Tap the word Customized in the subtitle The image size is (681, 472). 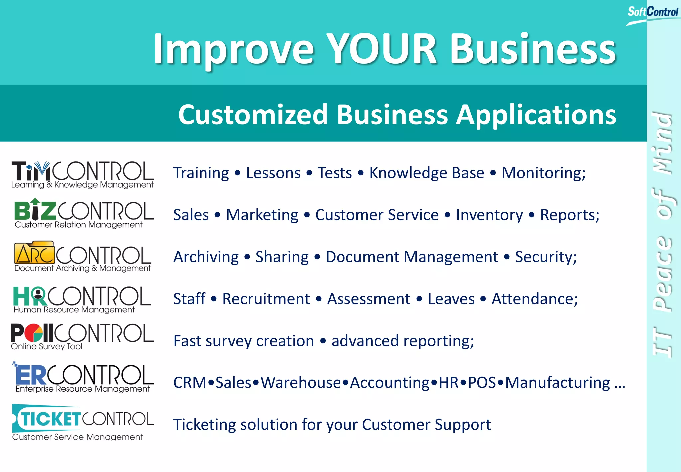[x=253, y=115]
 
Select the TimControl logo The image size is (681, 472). [x=82, y=174]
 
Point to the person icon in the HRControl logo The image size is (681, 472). [x=39, y=294]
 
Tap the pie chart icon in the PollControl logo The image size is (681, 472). [x=34, y=333]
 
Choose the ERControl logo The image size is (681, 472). [x=83, y=377]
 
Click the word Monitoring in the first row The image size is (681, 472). [x=543, y=173]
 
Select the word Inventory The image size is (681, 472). [x=489, y=215]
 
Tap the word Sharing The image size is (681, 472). [x=282, y=257]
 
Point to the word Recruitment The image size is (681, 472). [x=266, y=299]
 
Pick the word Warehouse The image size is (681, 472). [x=301, y=383]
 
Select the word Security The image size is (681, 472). [x=546, y=257]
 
